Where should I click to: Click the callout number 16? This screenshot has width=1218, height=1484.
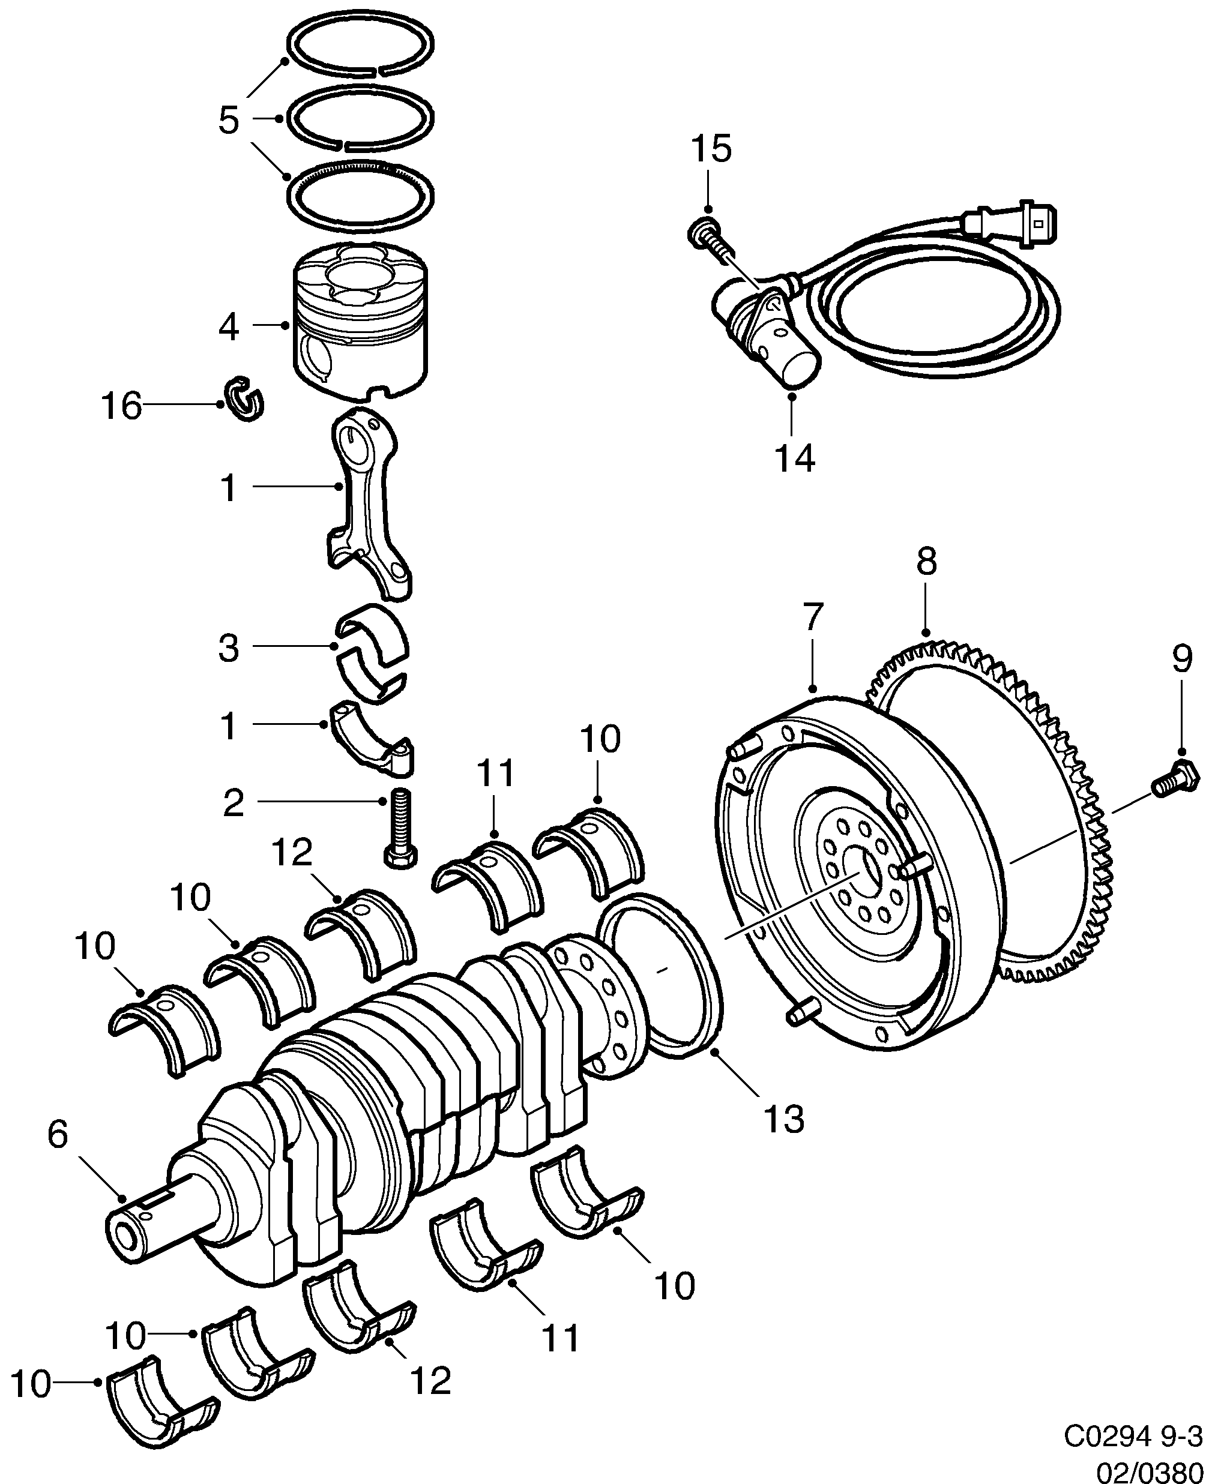coord(122,406)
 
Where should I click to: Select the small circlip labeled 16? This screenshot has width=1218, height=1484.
coord(244,400)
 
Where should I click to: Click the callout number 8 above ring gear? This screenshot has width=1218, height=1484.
coord(926,562)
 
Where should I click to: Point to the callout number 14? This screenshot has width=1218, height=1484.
coord(795,458)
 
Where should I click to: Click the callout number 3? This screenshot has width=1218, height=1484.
coord(229,648)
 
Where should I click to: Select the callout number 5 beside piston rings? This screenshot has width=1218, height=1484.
coord(229,120)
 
